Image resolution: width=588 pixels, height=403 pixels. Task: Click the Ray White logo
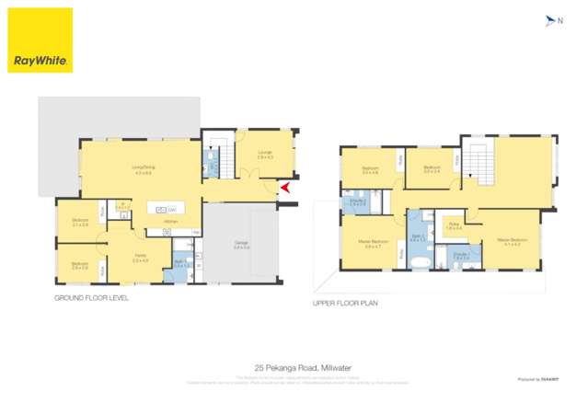pos(40,40)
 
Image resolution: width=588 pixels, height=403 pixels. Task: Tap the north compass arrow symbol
pos(550,19)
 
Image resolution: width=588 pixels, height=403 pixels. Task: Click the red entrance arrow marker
pos(284,189)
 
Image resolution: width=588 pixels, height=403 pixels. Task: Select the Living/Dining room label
pos(143,169)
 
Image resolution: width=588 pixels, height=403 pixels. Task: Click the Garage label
pos(241,245)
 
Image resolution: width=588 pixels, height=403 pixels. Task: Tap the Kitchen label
pos(170,222)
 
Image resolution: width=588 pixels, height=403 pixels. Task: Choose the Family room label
pos(140,259)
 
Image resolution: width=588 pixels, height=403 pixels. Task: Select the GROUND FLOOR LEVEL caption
pos(93,298)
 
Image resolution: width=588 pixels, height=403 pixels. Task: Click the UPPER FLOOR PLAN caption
pos(344,302)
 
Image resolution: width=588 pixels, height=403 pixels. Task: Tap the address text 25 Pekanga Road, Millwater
pos(294,365)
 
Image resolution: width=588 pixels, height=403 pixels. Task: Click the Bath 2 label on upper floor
pos(418,238)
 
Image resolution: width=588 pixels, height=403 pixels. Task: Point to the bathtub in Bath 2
pos(419,264)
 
